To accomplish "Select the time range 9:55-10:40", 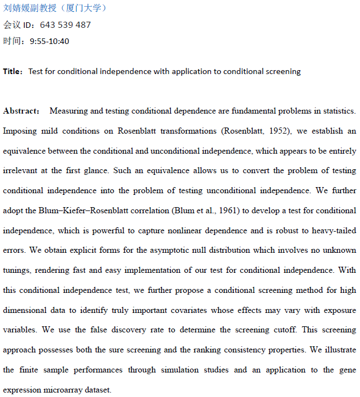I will point(50,41).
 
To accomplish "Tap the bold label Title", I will point(12,71).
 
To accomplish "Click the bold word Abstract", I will point(21,111).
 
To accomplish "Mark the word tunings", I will point(17,271).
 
